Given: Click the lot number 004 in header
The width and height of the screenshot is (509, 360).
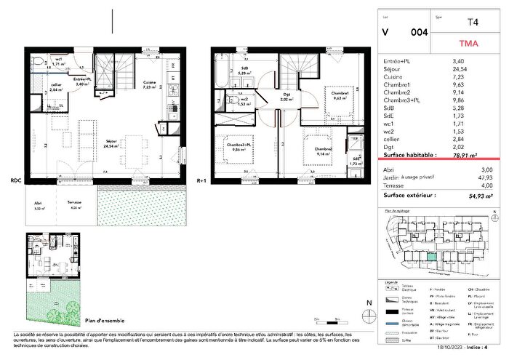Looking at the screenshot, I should [x=420, y=32].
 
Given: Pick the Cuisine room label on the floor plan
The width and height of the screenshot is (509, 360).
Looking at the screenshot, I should [x=149, y=82].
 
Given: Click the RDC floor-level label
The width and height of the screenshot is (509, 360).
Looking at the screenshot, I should [x=15, y=180].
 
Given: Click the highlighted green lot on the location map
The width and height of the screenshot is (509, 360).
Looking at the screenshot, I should [x=432, y=255].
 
